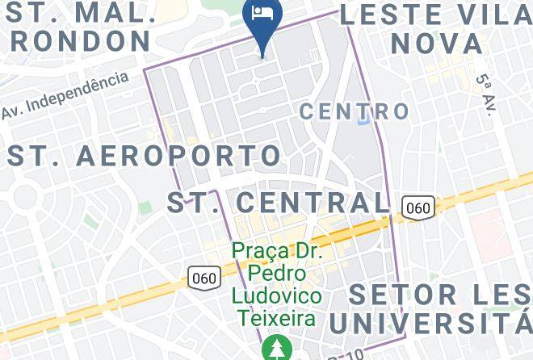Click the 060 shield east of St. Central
418,207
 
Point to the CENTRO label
355,111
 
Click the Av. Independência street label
65,95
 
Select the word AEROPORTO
178,155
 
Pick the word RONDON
80,41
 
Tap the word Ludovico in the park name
276,295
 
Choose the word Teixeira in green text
275,318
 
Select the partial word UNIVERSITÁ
431,324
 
